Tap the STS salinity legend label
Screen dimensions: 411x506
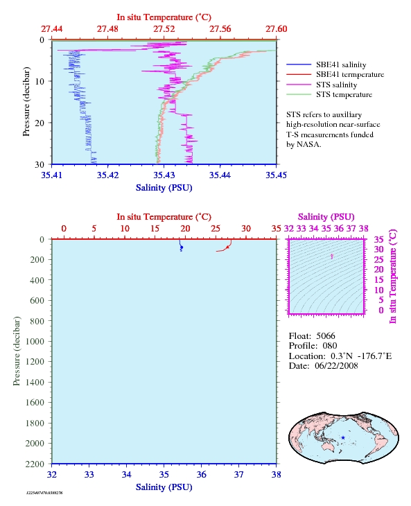pos(336,85)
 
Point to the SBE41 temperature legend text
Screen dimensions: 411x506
pos(350,75)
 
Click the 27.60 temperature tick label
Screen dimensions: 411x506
pos(276,29)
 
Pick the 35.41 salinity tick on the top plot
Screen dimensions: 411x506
pos(52,175)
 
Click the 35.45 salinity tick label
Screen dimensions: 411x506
pos(276,175)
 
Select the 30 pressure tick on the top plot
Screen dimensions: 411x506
pos(40,164)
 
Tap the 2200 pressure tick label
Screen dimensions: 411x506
pos(35,464)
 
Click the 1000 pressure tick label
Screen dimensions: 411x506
pos(35,342)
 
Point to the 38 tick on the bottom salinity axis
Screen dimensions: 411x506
pos(276,474)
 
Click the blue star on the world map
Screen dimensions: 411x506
pos(343,437)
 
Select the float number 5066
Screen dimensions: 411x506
pos(326,336)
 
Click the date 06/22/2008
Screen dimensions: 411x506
pos(336,365)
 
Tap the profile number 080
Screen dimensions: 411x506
pos(330,346)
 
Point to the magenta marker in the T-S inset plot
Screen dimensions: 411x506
pos(331,256)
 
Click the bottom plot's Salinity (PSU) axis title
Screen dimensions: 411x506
pos(164,487)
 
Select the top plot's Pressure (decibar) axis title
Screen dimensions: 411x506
pos(26,102)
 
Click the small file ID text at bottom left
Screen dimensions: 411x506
pos(44,493)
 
